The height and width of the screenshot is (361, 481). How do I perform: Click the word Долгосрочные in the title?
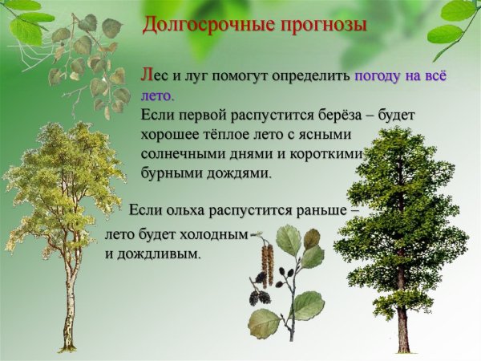click(203, 26)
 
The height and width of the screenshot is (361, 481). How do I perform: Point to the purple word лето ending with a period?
click(157, 95)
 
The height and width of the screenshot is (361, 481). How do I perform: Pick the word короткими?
click(328, 152)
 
